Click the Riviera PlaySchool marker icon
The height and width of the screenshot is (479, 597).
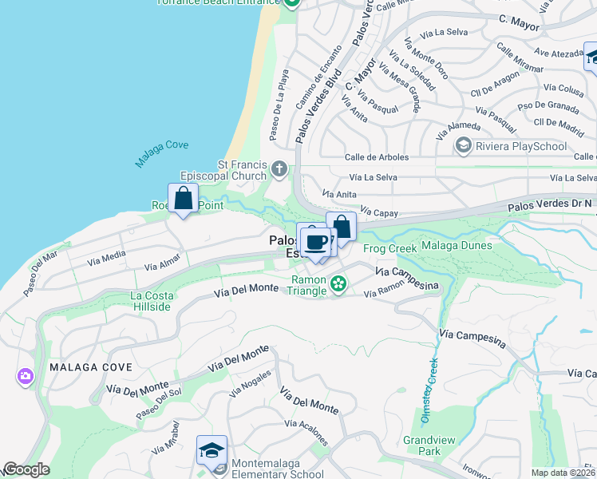point(463,145)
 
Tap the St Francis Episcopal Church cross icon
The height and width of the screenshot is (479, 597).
point(279,168)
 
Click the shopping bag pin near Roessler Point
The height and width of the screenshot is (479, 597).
point(183,199)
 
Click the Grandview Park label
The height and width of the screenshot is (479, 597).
point(421,445)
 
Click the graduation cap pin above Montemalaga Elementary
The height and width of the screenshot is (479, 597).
point(212,451)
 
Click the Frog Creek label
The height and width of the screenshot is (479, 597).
point(390,249)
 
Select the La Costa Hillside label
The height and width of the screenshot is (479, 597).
point(152,301)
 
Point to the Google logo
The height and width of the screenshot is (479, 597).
point(26,469)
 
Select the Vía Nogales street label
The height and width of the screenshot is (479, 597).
point(251,384)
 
